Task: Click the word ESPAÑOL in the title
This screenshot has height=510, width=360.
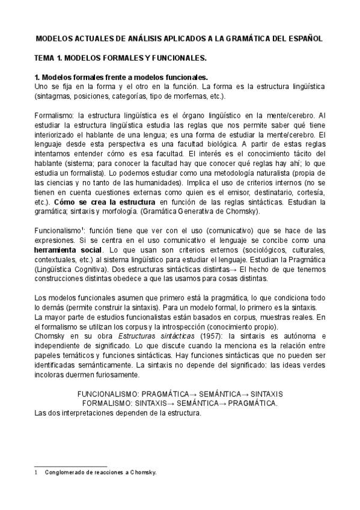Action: coord(305,38)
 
